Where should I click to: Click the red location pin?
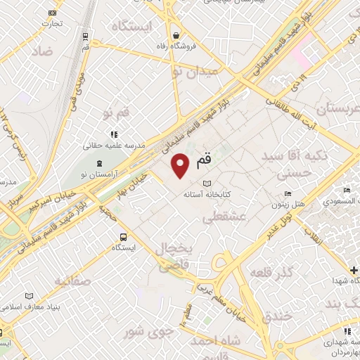181,166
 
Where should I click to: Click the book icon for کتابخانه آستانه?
206,182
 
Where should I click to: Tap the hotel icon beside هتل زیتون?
287,194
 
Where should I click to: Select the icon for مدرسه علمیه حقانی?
112,134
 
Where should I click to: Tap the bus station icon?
124,237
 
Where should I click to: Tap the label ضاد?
41,51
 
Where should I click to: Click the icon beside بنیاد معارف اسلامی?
29,296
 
